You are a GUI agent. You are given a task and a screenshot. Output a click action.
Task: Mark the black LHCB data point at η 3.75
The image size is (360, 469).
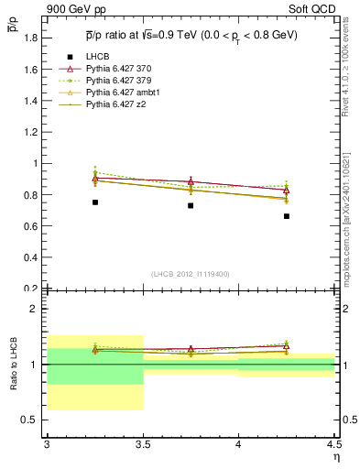191,205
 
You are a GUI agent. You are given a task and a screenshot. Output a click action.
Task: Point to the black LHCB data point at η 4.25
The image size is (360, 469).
287,216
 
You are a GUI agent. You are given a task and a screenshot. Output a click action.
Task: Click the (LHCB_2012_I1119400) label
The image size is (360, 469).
191,274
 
